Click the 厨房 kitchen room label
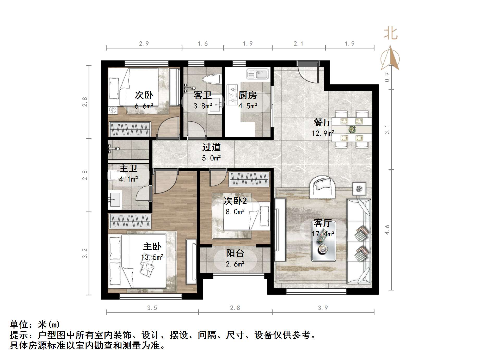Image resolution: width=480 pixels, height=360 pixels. point(247,95)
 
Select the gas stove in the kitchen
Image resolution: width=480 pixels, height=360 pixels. point(232,95)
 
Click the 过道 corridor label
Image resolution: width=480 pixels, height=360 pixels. point(211,147)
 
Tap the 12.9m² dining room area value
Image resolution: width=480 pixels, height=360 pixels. point(323,133)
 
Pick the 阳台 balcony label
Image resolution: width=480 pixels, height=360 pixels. point(235,253)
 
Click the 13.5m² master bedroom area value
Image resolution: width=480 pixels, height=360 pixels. point(152,257)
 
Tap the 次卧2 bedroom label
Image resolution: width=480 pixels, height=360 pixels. point(235,201)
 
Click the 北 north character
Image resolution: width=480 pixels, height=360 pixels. point(390,34)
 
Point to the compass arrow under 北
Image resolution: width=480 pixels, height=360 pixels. point(390,58)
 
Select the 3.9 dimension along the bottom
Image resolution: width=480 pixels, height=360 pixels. point(323,308)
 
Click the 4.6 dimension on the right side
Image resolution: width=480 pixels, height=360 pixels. point(387,229)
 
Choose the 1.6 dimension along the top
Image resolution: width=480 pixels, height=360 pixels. point(202,44)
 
